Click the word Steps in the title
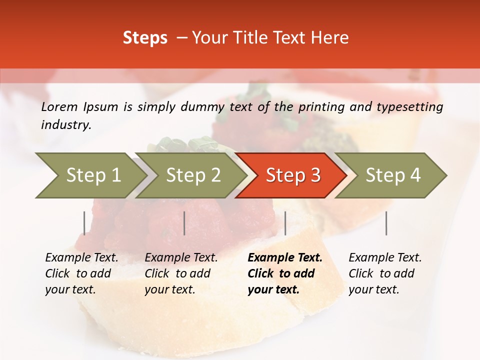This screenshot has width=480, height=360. coord(145,38)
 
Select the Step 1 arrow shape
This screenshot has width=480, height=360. coord(90,175)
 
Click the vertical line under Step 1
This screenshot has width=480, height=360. coord(84,223)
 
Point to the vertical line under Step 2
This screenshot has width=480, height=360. coord(184,223)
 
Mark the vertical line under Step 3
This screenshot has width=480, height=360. coord(285,223)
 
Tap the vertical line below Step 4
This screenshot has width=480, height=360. coord(386,223)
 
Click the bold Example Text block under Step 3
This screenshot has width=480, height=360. coord(285,273)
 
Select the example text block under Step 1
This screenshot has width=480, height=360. coord(81,273)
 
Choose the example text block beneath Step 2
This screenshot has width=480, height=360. coord(181,273)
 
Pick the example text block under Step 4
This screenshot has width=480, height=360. coord(385,273)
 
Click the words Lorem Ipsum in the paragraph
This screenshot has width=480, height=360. coord(79,107)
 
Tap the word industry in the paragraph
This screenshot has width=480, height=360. coord(66,125)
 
